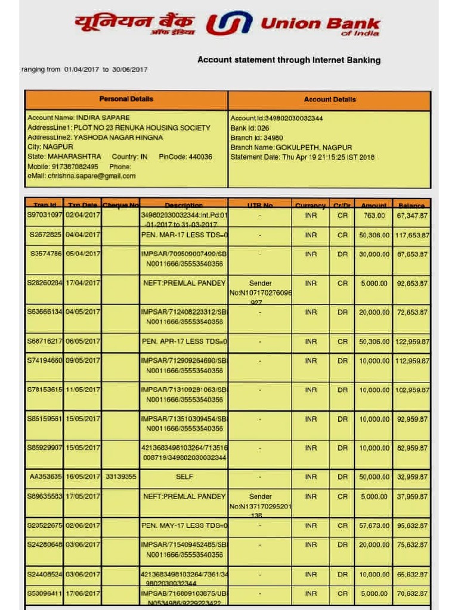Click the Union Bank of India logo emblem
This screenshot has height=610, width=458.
tap(228, 24)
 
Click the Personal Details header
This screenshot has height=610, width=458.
tap(126, 99)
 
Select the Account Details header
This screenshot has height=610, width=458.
tap(329, 100)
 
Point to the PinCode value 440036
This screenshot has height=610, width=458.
tap(200, 157)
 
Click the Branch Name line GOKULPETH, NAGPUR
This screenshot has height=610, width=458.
tap(291, 147)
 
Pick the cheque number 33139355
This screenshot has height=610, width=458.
tap(120, 477)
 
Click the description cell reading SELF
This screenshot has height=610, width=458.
tap(184, 477)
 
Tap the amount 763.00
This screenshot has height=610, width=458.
tap(374, 216)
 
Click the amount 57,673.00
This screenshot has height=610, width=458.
tap(374, 526)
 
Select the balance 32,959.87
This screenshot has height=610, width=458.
tap(412, 477)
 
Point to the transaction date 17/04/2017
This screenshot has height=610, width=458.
tap(83, 284)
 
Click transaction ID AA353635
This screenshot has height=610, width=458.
tap(45, 477)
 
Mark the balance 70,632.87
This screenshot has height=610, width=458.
tap(412, 594)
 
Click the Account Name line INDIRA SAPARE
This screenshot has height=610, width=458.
tap(78, 118)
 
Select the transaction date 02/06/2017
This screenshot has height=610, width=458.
tap(83, 526)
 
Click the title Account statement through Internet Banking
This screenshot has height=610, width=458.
tap(289, 60)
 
